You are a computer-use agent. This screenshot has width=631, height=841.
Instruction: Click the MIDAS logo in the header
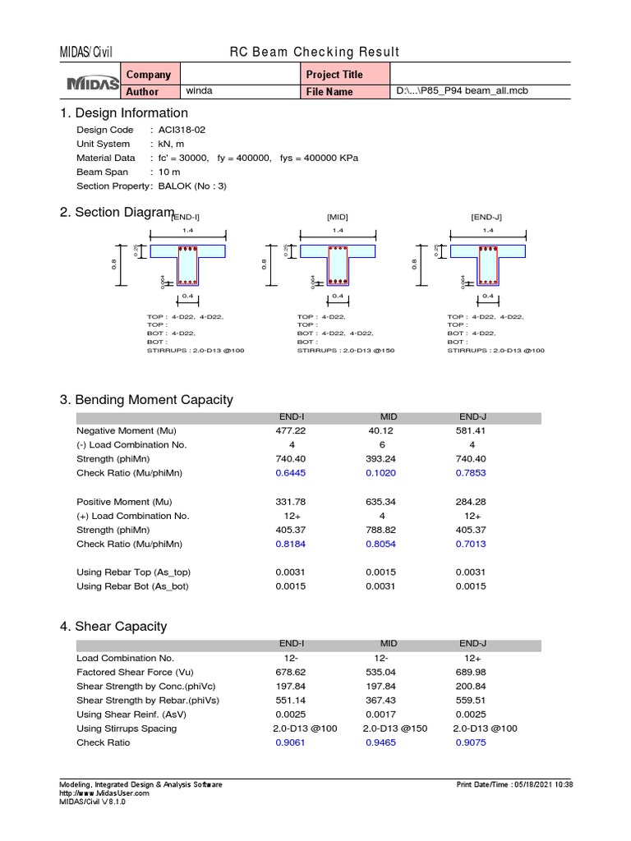point(92,83)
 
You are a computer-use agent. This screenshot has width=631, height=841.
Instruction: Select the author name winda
point(200,91)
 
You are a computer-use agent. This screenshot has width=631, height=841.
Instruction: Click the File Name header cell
point(329,92)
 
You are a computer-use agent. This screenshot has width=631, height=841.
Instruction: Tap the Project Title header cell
point(334,75)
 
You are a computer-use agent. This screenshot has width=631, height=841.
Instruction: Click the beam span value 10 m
point(169,172)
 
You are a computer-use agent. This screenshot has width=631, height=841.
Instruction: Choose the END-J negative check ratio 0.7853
point(471,473)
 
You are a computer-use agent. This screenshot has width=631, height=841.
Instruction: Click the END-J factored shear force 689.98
point(471,672)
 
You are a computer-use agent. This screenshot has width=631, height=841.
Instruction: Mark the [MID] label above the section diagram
point(338,217)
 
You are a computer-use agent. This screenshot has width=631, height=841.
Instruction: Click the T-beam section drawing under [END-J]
point(488,263)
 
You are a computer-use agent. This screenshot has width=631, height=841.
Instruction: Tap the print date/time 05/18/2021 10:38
point(514,784)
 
